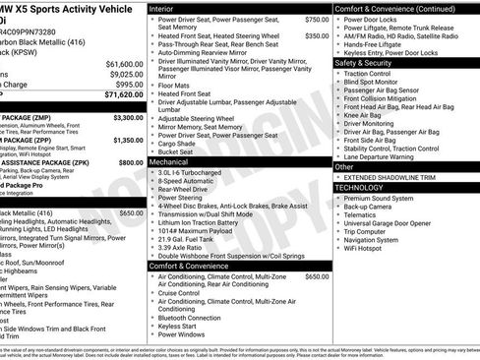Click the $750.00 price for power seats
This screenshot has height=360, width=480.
[x=317, y=19]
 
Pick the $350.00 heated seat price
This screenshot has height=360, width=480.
[x=317, y=35]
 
